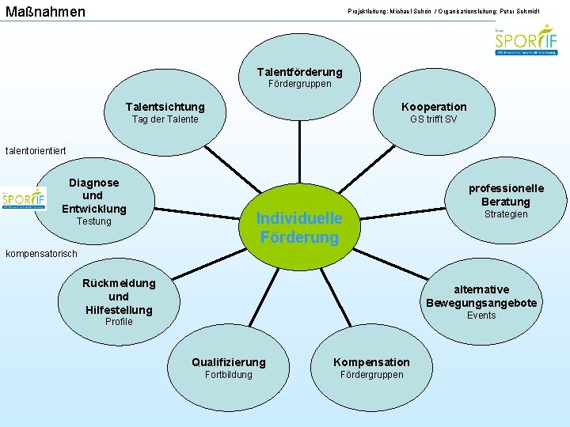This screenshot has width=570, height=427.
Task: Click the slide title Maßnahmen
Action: click(44, 12)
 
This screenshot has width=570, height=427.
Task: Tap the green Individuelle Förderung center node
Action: click(299, 228)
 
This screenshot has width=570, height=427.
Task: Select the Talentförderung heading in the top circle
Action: click(299, 72)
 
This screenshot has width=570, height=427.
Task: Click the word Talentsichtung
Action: click(165, 107)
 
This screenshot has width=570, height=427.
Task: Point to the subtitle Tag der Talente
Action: click(165, 119)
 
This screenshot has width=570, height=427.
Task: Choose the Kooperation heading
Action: click(434, 107)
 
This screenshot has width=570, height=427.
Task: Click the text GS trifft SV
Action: click(433, 119)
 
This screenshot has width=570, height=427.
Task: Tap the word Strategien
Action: click(506, 214)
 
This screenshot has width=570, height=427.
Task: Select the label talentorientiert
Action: click(36, 150)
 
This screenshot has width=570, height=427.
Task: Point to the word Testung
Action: click(93, 221)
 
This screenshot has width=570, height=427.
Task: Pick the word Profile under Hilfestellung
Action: click(119, 322)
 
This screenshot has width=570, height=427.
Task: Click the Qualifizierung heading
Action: click(229, 362)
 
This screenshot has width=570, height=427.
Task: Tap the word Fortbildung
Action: click(228, 375)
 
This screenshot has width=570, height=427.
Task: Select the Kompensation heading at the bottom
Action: click(371, 362)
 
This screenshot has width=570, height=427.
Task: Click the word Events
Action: click(481, 316)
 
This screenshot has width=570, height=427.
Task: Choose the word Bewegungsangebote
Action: click(481, 303)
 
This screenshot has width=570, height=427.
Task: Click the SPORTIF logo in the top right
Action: click(526, 39)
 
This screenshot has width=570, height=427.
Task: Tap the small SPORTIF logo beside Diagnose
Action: click(24, 199)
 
